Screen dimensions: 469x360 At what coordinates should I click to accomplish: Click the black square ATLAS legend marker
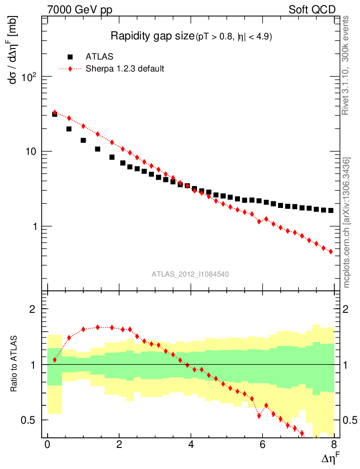pos(70,57)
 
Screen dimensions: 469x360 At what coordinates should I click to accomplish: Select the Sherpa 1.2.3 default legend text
pos(125,69)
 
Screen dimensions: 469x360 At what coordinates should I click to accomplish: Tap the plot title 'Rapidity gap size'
pos(153,36)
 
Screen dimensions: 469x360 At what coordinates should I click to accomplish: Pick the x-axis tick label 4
pos(191,445)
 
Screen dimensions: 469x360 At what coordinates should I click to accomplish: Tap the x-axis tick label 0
pos(48,445)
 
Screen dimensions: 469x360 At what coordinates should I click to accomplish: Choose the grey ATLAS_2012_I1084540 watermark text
pos(191,274)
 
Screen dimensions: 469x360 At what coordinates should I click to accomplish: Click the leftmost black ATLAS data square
pos(55,114)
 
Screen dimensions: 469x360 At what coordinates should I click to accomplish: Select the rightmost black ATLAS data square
pos(331,211)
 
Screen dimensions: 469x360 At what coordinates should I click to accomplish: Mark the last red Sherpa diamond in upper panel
pos(331,251)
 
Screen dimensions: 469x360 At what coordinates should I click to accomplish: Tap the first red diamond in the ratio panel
pos(55,360)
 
